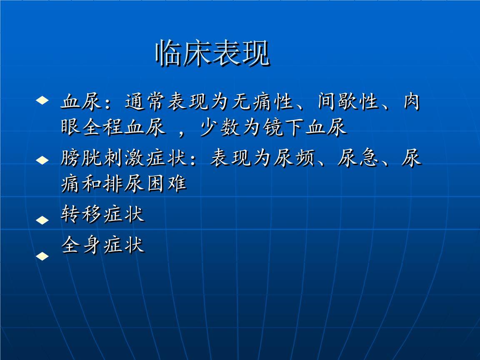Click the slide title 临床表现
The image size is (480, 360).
tap(213, 53)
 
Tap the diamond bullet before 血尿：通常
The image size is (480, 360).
tap(42, 100)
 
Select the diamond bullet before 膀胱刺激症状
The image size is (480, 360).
tap(42, 160)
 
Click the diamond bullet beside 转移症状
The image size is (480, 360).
tap(42, 220)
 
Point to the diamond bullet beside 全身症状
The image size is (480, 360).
tap(42, 256)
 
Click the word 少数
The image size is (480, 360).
tap(220, 127)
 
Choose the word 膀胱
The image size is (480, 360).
tap(81, 158)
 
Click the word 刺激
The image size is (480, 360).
tap(124, 158)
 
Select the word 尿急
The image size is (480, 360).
tap(358, 158)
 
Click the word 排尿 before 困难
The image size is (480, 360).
tap(124, 184)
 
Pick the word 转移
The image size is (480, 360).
tap(81, 213)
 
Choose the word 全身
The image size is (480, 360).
tap(81, 245)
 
